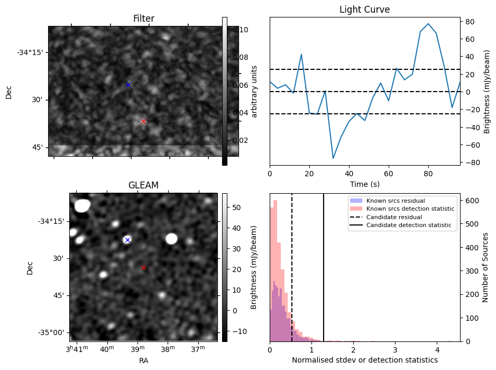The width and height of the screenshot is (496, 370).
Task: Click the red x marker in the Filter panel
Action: (x=143, y=121)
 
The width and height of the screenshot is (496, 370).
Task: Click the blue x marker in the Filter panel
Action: (x=128, y=85)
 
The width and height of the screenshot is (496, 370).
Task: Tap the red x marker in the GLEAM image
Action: (x=143, y=267)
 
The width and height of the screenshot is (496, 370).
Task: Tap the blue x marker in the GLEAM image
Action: (x=127, y=240)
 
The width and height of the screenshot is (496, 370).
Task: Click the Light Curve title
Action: (x=365, y=10)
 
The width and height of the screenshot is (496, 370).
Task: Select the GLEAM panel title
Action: (x=143, y=185)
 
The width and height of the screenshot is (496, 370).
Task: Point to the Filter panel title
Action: (x=143, y=19)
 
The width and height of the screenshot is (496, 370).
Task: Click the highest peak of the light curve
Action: (x=428, y=24)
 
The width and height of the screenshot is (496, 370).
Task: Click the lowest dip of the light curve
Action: (x=333, y=158)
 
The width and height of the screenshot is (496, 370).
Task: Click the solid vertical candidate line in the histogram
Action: (x=324, y=265)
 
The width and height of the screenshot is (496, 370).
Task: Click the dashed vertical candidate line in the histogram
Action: (x=292, y=265)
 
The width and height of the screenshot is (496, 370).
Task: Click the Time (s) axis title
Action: (x=365, y=184)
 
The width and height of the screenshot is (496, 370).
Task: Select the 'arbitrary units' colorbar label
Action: (x=254, y=91)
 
